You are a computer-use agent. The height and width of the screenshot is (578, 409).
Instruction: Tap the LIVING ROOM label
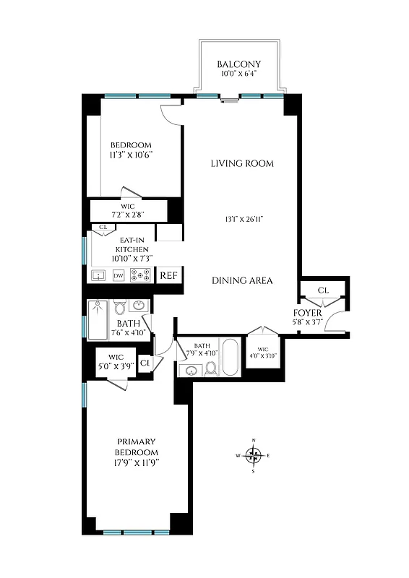tap(242, 163)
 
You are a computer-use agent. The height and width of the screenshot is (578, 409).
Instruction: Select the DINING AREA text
tap(242, 280)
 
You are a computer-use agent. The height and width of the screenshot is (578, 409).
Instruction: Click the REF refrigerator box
tap(168, 275)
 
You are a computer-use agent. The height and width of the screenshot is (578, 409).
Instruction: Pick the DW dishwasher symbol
tap(119, 275)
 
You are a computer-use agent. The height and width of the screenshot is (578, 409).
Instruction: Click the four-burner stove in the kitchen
tap(140, 275)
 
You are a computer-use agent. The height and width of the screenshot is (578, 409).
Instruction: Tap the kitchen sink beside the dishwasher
tap(98, 275)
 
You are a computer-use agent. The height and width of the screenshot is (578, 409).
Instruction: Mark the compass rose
tap(253, 455)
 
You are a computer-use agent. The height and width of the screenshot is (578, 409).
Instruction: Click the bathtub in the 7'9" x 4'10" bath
tap(229, 356)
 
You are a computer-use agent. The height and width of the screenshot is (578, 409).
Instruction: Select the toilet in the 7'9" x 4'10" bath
tap(212, 368)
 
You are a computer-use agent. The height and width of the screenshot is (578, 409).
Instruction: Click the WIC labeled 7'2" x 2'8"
tap(128, 210)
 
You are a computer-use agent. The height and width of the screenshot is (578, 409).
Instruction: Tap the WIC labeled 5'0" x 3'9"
tap(116, 361)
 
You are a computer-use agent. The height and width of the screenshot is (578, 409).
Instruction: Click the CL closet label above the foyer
tap(323, 290)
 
